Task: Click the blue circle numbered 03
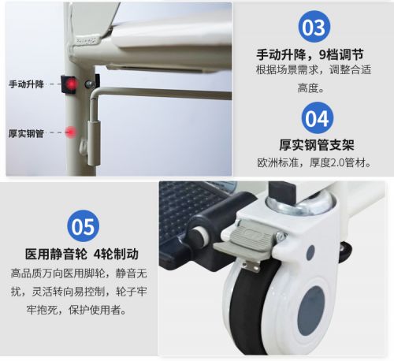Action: [314, 27]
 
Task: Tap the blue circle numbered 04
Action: [318, 118]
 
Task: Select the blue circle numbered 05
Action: [84, 226]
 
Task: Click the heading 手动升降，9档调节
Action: [310, 55]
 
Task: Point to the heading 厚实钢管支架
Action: [317, 145]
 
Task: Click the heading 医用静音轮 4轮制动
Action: [82, 254]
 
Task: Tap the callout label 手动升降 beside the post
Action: [26, 84]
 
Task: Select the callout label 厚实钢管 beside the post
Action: [26, 133]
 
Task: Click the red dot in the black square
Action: [71, 84]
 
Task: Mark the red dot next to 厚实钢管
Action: [70, 132]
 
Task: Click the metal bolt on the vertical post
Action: [90, 84]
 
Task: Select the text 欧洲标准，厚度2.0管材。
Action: [314, 163]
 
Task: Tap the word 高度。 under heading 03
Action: [311, 88]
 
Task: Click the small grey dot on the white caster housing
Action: [310, 252]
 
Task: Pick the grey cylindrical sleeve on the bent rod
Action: [94, 143]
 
